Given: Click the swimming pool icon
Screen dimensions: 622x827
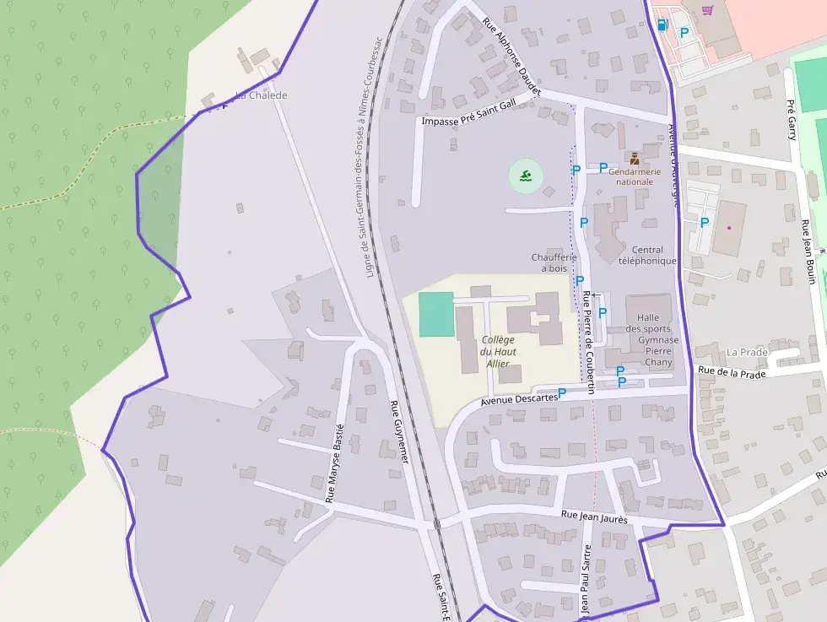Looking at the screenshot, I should click(x=526, y=176).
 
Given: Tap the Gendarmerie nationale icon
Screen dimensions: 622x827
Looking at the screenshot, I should click(x=634, y=158).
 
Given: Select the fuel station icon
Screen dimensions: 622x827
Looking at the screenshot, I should click(x=662, y=24).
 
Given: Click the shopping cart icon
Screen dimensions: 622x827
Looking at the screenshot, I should click(x=707, y=10).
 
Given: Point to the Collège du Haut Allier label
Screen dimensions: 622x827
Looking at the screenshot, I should click(x=498, y=351).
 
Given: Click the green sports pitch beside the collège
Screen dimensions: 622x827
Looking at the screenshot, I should click(x=436, y=314).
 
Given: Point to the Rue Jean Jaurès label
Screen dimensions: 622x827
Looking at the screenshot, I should click(x=594, y=518).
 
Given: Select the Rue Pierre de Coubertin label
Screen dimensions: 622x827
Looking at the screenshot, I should click(x=589, y=342).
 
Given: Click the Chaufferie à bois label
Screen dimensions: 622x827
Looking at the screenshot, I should click(x=554, y=262).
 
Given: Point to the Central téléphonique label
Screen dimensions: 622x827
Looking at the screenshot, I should click(x=647, y=255).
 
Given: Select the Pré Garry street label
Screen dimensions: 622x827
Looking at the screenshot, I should click(x=792, y=119).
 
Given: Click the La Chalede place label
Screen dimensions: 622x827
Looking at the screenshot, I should click(x=262, y=95).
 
